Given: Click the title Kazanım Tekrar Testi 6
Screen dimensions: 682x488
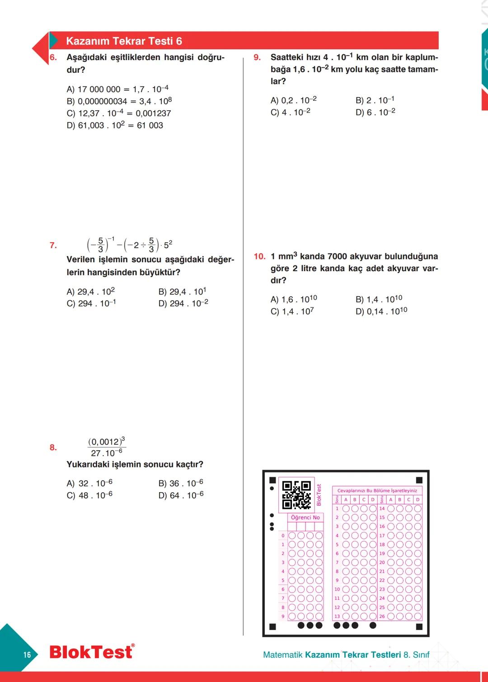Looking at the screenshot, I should point(124,41).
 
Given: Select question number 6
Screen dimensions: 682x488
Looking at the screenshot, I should point(53,57).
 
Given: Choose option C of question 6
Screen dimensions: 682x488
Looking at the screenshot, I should point(118,113).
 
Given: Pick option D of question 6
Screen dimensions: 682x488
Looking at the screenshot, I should point(115,125).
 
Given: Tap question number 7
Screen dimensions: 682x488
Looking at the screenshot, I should point(53,245).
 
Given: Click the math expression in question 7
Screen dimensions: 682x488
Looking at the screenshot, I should point(129,245).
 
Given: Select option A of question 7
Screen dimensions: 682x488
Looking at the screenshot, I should point(90,292).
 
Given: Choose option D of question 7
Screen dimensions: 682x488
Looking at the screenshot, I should point(183,303).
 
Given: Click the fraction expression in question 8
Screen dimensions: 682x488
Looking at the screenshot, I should point(106,447).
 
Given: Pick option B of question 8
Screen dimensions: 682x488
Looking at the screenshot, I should point(181,483).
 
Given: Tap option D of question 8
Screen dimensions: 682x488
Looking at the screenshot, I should point(181,495).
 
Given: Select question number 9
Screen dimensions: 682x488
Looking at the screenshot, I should point(257,57).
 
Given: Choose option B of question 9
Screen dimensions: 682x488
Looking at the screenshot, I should point(375,100).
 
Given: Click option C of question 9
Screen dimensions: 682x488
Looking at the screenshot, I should point(290,112).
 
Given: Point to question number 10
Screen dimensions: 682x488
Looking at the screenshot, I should point(259,256).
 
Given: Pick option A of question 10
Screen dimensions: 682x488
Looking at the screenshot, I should point(294,299).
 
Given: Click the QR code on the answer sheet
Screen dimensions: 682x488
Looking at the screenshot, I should point(296,495).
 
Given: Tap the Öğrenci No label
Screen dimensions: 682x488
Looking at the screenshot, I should point(305,517).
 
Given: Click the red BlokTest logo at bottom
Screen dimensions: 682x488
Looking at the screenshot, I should point(92,652).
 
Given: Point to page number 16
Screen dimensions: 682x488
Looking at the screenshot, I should point(27,654).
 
